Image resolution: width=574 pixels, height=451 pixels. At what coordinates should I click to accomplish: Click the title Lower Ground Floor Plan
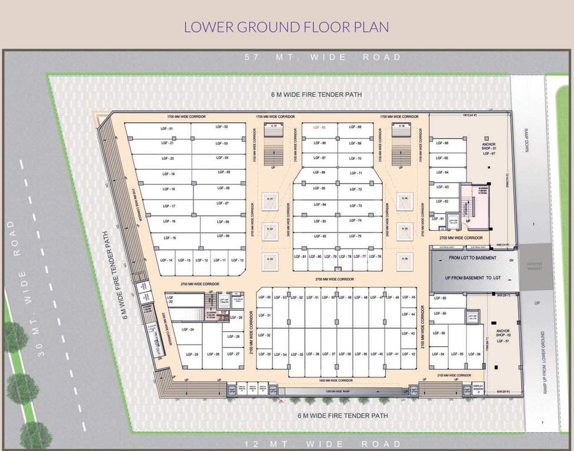click(x=286, y=27)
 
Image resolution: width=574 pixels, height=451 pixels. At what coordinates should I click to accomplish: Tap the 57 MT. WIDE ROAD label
click(x=323, y=58)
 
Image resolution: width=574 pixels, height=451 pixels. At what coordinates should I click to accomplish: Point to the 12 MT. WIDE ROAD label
click(x=323, y=444)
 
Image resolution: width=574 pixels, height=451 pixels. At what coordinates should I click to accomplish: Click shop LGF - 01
click(x=167, y=128)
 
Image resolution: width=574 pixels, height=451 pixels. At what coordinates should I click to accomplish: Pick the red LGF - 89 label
click(x=320, y=127)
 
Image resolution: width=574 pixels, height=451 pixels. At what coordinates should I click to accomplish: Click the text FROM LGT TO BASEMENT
click(x=473, y=258)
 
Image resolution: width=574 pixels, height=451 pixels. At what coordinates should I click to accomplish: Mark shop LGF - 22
click(x=171, y=299)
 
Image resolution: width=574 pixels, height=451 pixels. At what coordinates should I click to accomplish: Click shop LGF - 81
click(x=300, y=257)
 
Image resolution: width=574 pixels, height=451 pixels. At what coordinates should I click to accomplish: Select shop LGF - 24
click(x=188, y=330)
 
